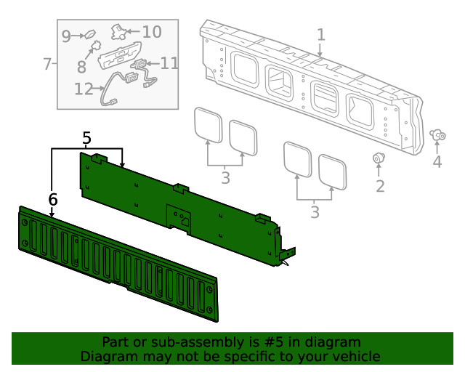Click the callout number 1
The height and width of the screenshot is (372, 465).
(321, 35)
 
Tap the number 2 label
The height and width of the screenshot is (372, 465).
(379, 187)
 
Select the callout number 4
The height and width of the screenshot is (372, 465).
(437, 162)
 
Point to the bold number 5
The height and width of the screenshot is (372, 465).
(86, 137)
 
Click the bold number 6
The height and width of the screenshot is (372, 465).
(53, 199)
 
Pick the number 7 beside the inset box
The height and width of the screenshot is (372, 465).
(47, 64)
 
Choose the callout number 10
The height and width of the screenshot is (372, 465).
(151, 32)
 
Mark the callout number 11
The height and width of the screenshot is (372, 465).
(169, 63)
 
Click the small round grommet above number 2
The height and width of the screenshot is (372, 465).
(379, 158)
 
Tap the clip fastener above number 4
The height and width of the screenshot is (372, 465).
(438, 134)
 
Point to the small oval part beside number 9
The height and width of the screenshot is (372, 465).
(91, 34)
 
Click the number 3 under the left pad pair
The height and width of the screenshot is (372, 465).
(225, 177)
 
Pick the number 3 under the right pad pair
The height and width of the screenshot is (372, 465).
(315, 212)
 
